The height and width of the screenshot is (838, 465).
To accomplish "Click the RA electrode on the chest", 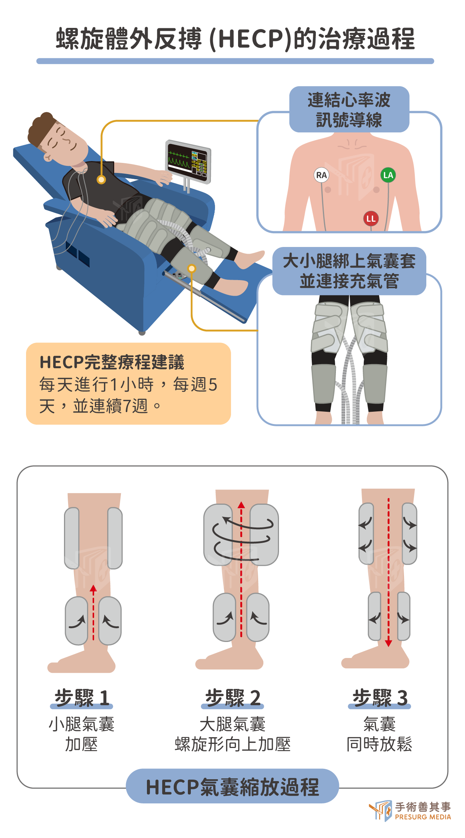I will [321, 175].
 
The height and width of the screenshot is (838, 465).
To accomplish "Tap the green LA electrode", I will [388, 175].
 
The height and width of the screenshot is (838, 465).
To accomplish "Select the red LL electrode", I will [371, 219].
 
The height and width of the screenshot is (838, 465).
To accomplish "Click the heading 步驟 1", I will [81, 698].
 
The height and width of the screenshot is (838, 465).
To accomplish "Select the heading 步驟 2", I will [232, 698].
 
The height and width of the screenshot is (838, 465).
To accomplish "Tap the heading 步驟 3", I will [379, 698].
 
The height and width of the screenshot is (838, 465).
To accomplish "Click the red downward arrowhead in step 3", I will [388, 643].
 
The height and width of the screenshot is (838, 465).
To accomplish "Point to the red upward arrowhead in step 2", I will [241, 505].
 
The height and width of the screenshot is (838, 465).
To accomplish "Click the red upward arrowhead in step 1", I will [93, 588].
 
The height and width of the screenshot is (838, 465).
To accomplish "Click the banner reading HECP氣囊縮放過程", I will [232, 787].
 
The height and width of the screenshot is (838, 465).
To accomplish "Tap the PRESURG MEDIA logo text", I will [423, 817].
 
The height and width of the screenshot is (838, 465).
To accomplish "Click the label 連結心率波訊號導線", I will [349, 110].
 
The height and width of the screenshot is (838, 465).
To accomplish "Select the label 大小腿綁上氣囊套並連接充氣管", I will [349, 271].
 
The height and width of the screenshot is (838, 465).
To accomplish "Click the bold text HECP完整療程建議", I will [112, 362].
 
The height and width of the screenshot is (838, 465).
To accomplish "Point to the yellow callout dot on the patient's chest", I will [101, 180].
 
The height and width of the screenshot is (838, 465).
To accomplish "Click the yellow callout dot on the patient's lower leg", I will [192, 269].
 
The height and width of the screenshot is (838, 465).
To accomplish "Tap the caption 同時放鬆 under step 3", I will [379, 744].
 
